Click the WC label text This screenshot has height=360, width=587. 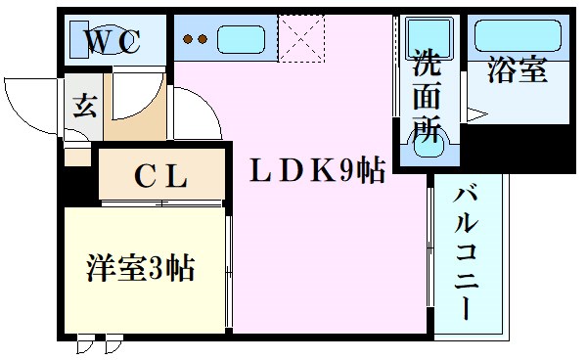coord(115,42)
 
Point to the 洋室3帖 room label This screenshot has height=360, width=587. coord(140,267)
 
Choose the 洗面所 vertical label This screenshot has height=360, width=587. coord(427,96)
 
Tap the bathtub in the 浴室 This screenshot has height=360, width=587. coord(517,37)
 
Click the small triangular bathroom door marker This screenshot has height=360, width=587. coord(476,116)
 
